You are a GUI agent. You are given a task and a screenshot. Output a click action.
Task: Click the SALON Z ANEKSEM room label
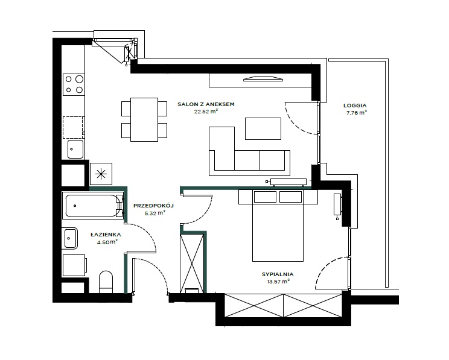click(x=206, y=104)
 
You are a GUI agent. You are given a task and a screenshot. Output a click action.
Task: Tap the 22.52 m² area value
click(x=206, y=112)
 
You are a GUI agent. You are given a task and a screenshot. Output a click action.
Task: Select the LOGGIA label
click(x=355, y=106)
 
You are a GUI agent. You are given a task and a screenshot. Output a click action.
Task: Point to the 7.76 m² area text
click(x=357, y=113)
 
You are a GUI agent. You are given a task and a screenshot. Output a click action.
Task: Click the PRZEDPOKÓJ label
click(x=153, y=206)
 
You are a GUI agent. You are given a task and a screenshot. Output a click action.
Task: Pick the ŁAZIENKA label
click(x=106, y=235)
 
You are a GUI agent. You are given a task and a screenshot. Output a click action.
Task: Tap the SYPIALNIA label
click(x=278, y=274)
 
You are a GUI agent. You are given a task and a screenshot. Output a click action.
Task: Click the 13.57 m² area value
click(x=278, y=282)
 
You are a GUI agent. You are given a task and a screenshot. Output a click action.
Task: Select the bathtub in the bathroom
click(x=93, y=206)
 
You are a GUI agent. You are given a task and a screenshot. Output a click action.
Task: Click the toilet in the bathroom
click(x=106, y=282)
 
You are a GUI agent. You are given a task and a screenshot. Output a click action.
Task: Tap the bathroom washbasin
click(x=70, y=238)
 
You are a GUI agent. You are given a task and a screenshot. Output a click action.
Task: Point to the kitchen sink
click(x=75, y=149)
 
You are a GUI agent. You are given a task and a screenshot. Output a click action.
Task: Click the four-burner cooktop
click(x=74, y=84)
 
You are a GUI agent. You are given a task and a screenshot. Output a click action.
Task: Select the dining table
click(x=144, y=119)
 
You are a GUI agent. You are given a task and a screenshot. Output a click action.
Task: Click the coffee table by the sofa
click(x=263, y=129)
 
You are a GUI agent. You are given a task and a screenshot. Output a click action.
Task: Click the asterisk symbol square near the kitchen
click(x=101, y=174)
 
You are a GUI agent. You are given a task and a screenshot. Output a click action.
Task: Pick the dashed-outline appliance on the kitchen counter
click(x=73, y=128)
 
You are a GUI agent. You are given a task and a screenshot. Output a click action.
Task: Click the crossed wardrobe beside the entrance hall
click(x=191, y=264)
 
